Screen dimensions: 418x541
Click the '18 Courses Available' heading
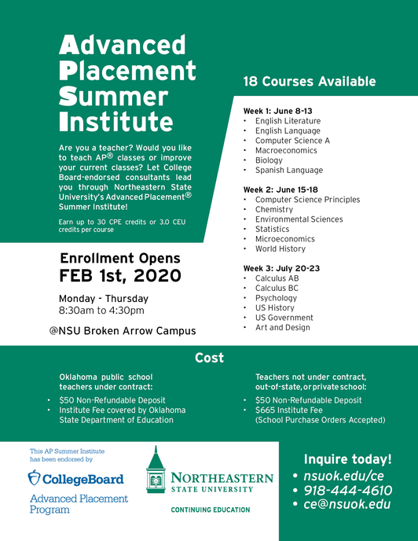(309, 82)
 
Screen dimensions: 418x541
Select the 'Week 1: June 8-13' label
(277, 111)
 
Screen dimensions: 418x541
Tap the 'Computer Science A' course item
(292, 141)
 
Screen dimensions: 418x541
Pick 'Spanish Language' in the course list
(288, 170)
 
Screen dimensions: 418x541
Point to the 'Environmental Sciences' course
(299, 219)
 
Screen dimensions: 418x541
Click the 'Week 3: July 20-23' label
(280, 268)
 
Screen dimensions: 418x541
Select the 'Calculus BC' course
(276, 289)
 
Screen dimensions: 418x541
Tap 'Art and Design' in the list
(282, 327)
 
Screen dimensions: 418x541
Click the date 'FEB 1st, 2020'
(120, 276)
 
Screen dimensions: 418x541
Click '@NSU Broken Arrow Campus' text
(122, 330)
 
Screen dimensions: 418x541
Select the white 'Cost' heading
(209, 358)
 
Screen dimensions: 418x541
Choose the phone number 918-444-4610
(347, 491)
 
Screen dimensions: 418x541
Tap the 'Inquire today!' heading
(346, 459)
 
